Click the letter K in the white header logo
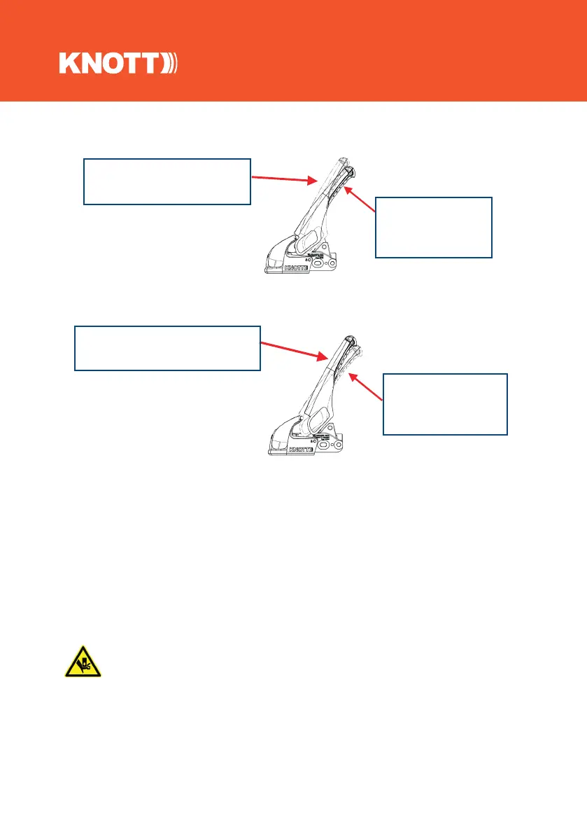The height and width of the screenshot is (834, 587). pyautogui.click(x=71, y=64)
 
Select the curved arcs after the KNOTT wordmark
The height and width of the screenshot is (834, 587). pyautogui.click(x=172, y=64)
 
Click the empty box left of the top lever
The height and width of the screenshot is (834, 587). pyautogui.click(x=167, y=181)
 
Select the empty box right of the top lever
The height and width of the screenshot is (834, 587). pyautogui.click(x=434, y=227)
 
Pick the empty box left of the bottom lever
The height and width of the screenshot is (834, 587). pyautogui.click(x=167, y=347)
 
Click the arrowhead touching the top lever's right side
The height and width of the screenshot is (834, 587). pyautogui.click(x=349, y=188)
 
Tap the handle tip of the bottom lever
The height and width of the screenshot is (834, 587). pyautogui.click(x=345, y=338)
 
